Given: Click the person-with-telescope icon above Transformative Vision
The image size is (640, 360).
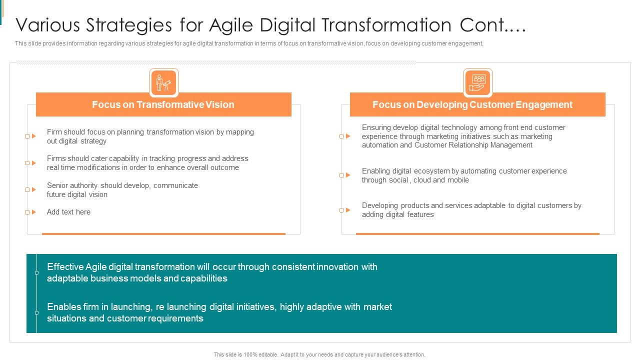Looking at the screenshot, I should coord(163,82).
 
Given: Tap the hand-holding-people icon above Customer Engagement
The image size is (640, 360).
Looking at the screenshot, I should coord(477,82).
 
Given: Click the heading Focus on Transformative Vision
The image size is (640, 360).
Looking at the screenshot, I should coord(163,104).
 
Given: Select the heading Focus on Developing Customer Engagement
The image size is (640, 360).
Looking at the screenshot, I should coord(472,104).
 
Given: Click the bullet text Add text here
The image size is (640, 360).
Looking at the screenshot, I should coord(68,212).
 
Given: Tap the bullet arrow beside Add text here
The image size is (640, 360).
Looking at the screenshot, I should coord(33,212).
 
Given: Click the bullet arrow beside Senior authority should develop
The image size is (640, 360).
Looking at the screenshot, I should coord(33,189).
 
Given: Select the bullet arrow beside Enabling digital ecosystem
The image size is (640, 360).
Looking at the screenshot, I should coord(348,175).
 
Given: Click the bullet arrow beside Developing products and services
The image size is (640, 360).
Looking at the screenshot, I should coord(348,210).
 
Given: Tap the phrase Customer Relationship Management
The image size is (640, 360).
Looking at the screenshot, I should coord(473,145).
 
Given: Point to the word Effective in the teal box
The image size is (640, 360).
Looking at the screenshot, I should coord(65,267).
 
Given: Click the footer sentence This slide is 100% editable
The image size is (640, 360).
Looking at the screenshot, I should coord(319,354).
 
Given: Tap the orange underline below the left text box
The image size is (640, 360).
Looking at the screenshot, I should coord(163,233).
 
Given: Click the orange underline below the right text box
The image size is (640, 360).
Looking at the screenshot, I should coord(477,233).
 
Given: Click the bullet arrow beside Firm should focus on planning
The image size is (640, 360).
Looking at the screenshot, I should coord(33,136).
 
